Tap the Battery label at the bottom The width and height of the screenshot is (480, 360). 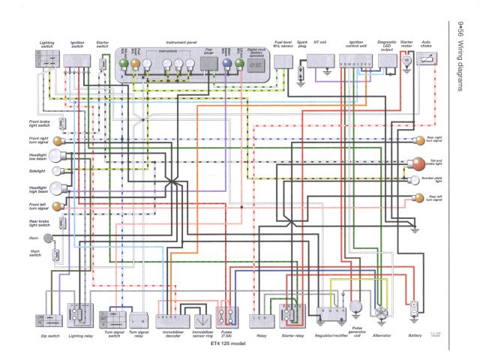point(415,336)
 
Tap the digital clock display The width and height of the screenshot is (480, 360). point(254,67)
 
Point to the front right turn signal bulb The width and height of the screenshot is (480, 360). point(57,141)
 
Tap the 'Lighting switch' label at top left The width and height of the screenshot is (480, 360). point(46,46)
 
